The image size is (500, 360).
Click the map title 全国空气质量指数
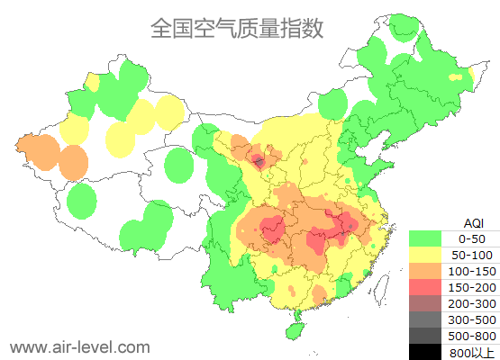[x=237, y=28]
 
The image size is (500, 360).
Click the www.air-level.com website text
[x=79, y=346]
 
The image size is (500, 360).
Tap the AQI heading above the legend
[x=473, y=222]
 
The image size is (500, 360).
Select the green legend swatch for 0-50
[x=424, y=238]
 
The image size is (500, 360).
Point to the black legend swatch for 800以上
[x=424, y=352]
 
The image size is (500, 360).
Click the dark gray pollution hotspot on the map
[x=259, y=162]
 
